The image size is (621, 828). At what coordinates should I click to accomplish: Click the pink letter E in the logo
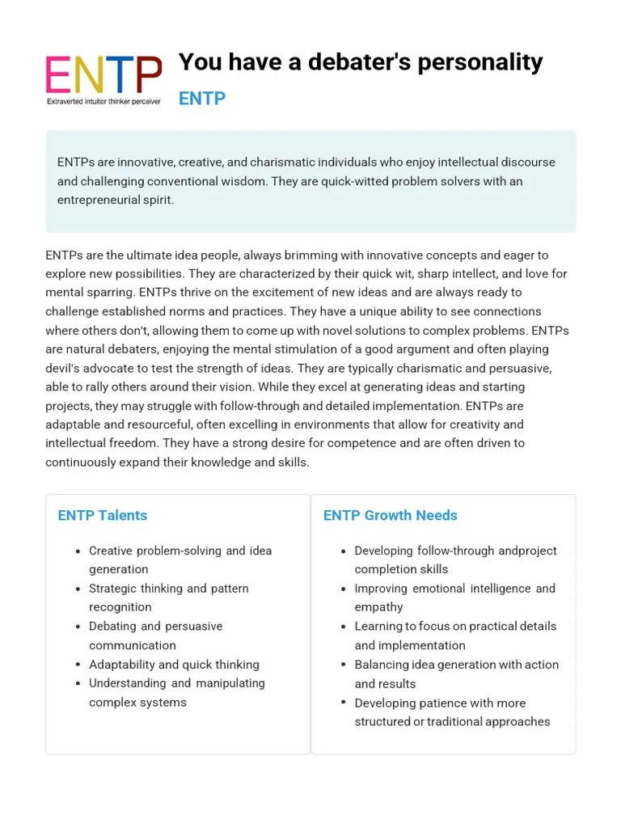point(57,75)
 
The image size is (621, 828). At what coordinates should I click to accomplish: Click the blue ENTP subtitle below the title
point(201,99)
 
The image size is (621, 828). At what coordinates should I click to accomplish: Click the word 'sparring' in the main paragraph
point(113,293)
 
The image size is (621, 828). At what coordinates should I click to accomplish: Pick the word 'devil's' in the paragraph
point(65,368)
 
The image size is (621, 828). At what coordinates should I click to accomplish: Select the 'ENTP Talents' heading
point(102,516)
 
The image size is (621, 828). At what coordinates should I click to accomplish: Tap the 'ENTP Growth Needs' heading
point(390,516)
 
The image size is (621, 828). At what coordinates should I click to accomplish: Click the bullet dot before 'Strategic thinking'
point(78,589)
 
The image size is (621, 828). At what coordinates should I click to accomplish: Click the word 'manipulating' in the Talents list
point(230,683)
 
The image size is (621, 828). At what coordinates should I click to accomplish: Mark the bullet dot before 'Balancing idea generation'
point(343,665)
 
